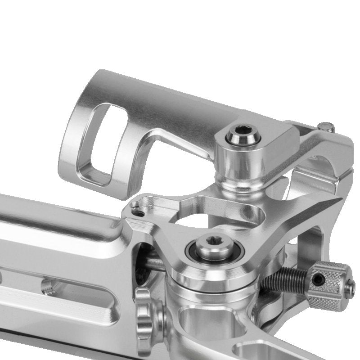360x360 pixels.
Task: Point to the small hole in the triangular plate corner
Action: [135, 207]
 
